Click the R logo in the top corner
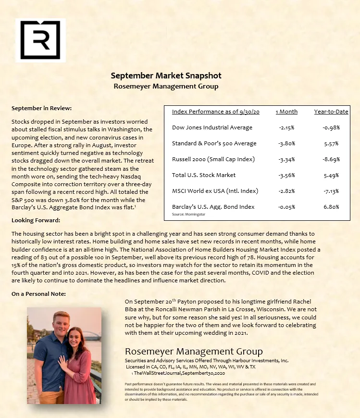[40, 40]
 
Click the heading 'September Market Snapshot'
[166, 76]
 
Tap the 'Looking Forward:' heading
[36, 220]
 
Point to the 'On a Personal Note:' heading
[38, 293]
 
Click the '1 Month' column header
[286, 112]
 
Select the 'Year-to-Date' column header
[331, 112]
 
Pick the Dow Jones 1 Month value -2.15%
[286, 127]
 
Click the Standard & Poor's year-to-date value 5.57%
[331, 143]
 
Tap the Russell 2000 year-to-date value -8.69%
[331, 159]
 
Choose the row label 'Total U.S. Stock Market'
[204, 175]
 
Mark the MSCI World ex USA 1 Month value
[286, 191]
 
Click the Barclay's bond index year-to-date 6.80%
[331, 207]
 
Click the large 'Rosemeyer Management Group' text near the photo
[194, 351]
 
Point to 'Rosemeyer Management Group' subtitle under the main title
[166, 87]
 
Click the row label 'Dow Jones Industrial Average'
[212, 127]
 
